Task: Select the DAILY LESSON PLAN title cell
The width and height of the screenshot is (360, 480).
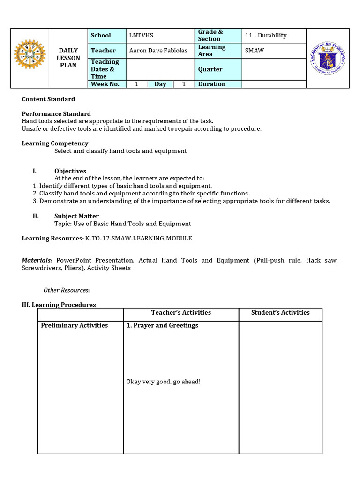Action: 69,58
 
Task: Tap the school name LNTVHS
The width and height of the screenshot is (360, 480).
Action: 141,35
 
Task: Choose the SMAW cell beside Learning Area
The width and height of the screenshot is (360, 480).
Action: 255,50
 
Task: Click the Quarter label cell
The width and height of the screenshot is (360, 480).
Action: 210,69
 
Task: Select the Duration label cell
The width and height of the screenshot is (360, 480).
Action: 212,84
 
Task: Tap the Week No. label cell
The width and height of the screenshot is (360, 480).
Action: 105,84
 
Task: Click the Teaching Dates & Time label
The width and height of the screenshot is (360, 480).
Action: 105,69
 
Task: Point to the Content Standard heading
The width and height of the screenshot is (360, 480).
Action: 48,99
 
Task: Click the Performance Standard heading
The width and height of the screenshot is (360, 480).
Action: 56,114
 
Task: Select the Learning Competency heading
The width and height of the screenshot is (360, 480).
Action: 55,143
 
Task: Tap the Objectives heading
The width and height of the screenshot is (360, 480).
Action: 70,171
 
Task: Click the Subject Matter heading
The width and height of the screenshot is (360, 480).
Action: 76,216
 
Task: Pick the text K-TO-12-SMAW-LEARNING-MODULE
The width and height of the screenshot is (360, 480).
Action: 138,238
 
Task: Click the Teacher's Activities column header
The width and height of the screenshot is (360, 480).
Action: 181,312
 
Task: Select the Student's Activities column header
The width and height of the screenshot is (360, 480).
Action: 280,312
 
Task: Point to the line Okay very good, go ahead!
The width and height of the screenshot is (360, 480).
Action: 163,382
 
